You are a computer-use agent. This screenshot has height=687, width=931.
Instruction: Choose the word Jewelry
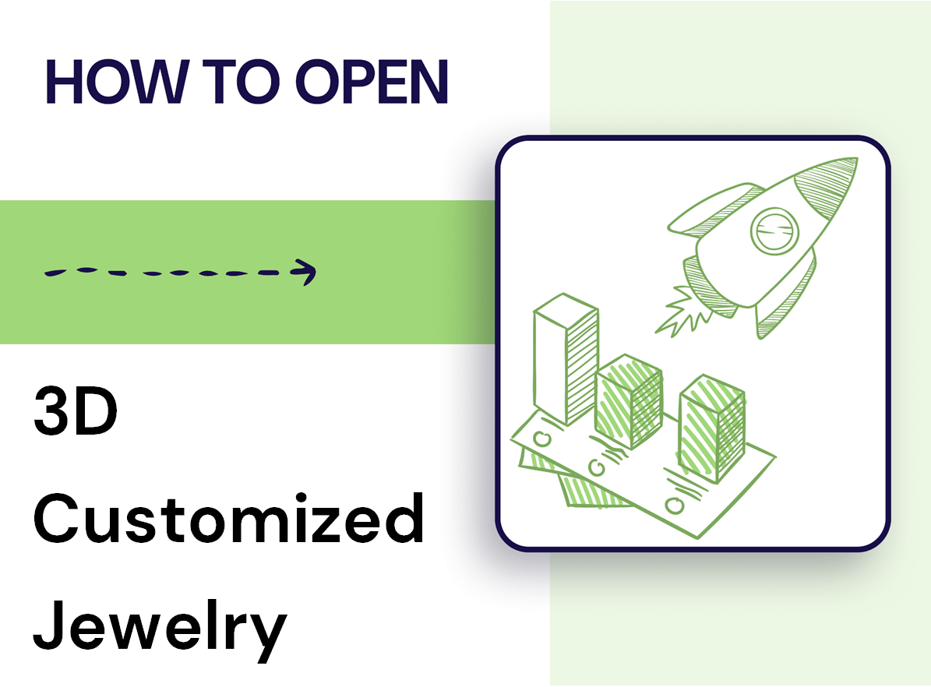pyautogui.click(x=160, y=625)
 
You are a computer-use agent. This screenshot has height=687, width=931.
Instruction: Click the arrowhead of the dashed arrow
pyautogui.click(x=305, y=271)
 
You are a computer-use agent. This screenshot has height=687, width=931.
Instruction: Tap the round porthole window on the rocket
pyautogui.click(x=774, y=229)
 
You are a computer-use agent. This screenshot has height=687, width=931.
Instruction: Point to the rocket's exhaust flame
pyautogui.click(x=677, y=311)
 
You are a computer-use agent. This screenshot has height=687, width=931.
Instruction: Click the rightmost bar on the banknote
pyautogui.click(x=711, y=421)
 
